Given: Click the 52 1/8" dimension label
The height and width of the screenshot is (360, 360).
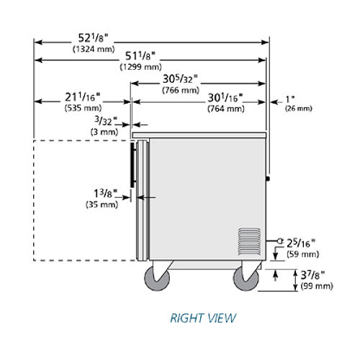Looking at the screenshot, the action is (94, 38).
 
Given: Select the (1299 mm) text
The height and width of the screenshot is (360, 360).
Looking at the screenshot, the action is (141, 67).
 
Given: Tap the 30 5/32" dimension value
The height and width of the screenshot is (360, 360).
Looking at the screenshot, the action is (180, 79).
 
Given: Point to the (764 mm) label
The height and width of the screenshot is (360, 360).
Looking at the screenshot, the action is (226, 109).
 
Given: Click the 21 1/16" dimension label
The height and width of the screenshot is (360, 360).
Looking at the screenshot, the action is (83, 97).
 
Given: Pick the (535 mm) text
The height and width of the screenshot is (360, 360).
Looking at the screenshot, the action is (83, 108).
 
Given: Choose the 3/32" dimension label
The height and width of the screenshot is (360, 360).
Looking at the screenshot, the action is (106, 121).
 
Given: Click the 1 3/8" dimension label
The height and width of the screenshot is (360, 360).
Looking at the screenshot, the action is (105, 194).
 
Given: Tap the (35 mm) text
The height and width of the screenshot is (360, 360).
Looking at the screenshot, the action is (102, 204).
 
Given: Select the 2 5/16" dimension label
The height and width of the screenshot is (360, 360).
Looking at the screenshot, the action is (301, 243).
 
